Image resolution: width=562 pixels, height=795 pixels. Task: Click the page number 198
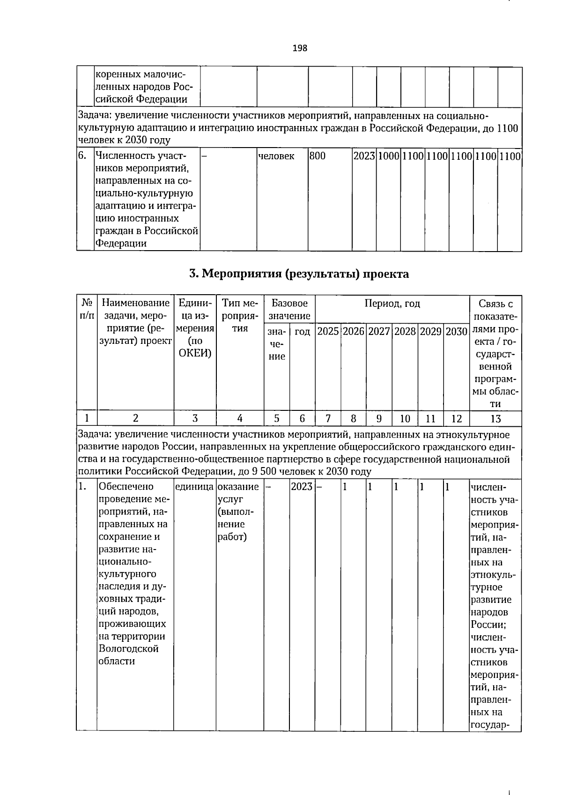pyautogui.click(x=300, y=48)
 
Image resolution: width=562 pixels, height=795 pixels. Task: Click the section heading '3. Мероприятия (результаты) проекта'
pyautogui.click(x=299, y=274)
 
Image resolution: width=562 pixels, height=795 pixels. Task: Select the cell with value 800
pyautogui.click(x=318, y=156)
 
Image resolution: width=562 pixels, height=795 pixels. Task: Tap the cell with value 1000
pyautogui.click(x=388, y=156)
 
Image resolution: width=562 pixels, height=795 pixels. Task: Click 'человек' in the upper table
pyautogui.click(x=276, y=156)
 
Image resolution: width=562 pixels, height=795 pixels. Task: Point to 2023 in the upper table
pyautogui.click(x=364, y=156)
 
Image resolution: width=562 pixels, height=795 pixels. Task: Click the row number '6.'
pyautogui.click(x=82, y=156)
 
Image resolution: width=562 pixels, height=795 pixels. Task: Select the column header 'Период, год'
pyautogui.click(x=392, y=304)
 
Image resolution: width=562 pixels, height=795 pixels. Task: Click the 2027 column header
pyautogui.click(x=379, y=332)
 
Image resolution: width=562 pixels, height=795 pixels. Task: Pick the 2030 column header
pyautogui.click(x=457, y=332)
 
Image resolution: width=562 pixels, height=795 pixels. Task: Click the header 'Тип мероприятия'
pyautogui.click(x=240, y=316)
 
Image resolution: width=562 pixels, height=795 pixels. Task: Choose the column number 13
pyautogui.click(x=495, y=418)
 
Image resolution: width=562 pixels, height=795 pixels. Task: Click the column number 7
pyautogui.click(x=328, y=418)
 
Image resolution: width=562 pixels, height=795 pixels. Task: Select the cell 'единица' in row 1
pyautogui.click(x=194, y=487)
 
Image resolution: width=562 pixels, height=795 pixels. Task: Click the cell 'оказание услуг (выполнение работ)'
pyautogui.click(x=238, y=512)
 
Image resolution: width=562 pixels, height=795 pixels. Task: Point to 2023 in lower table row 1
pyautogui.click(x=302, y=487)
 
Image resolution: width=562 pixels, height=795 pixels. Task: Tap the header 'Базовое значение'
pyautogui.click(x=289, y=310)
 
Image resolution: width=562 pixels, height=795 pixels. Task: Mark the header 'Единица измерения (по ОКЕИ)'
pyautogui.click(x=195, y=328)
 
